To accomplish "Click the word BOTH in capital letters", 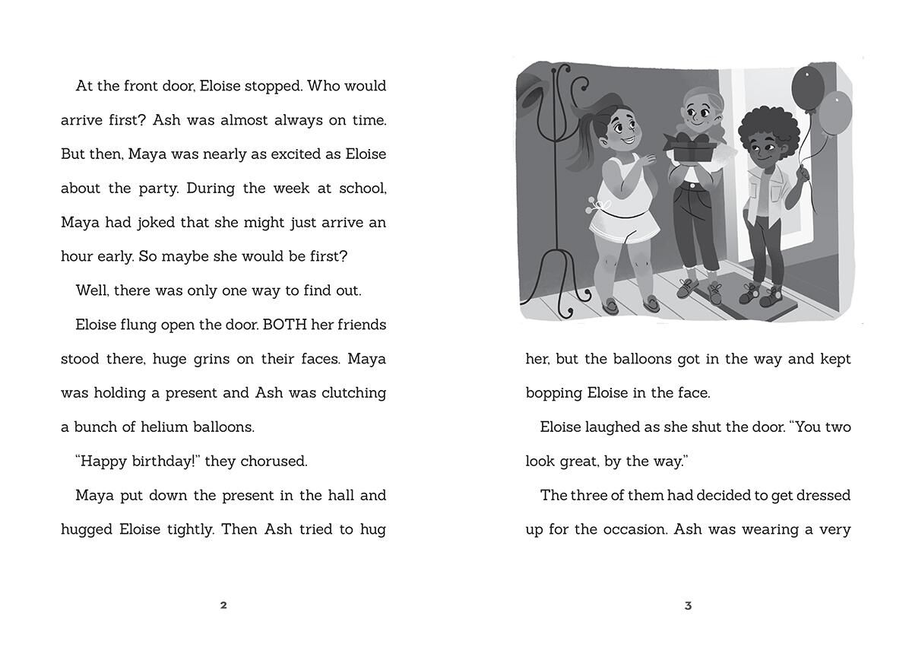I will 283,325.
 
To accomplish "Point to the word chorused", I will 274,462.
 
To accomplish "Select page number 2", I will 223,605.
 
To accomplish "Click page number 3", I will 688,605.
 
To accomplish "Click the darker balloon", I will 807,85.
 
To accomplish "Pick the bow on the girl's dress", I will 595,205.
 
